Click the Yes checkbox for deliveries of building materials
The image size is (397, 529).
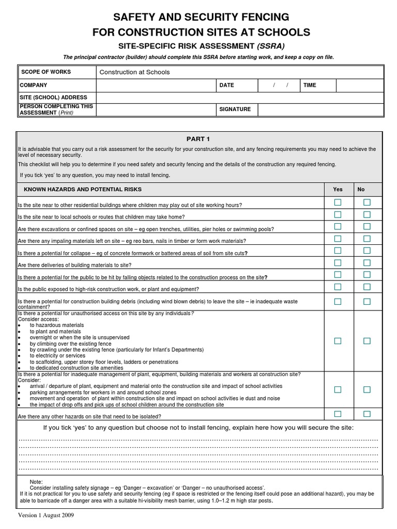[338, 262]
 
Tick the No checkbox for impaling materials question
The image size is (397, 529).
[367, 239]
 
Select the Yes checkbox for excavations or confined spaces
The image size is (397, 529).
[338, 226]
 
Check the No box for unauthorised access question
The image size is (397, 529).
[367, 341]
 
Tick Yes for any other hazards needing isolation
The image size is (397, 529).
[338, 414]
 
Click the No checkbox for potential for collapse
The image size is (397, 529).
[367, 251]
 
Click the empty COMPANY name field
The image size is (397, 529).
[155, 85]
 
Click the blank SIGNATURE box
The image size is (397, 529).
[320, 110]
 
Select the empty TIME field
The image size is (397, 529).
[359, 85]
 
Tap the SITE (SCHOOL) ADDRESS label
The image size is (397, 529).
[53, 97]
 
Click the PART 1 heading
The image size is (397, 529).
[198, 138]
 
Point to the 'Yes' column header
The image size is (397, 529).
[338, 190]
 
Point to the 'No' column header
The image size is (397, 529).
[361, 190]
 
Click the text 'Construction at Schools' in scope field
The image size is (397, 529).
[134, 72]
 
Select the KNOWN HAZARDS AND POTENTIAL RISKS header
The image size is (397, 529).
[83, 190]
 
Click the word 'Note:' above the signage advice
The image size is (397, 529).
[37, 481]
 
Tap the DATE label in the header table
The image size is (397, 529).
[226, 85]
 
